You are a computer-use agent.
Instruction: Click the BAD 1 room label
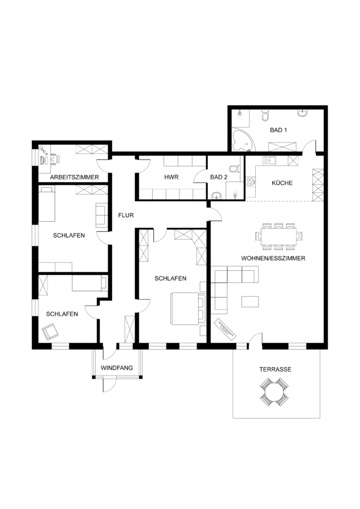point(278,130)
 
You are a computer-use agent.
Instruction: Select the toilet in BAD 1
point(265,116)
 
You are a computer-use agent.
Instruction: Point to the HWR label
point(172,177)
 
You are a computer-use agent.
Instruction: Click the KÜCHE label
point(282,183)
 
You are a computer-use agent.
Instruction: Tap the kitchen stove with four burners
point(251,182)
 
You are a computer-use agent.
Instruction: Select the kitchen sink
point(269,160)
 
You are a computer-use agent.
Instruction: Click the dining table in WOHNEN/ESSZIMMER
point(278,236)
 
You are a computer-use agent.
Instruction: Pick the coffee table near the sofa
point(250,301)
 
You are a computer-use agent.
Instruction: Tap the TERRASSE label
point(275,369)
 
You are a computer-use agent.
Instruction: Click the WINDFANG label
point(117,368)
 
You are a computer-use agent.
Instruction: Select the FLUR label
point(126,215)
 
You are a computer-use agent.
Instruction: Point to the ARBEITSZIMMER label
point(74,178)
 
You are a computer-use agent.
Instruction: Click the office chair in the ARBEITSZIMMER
point(55,159)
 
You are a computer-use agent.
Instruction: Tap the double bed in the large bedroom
point(186,308)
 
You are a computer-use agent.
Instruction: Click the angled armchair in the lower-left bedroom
point(50,331)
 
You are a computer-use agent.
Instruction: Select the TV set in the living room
point(225,330)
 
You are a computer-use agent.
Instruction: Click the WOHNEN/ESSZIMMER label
point(273,258)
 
